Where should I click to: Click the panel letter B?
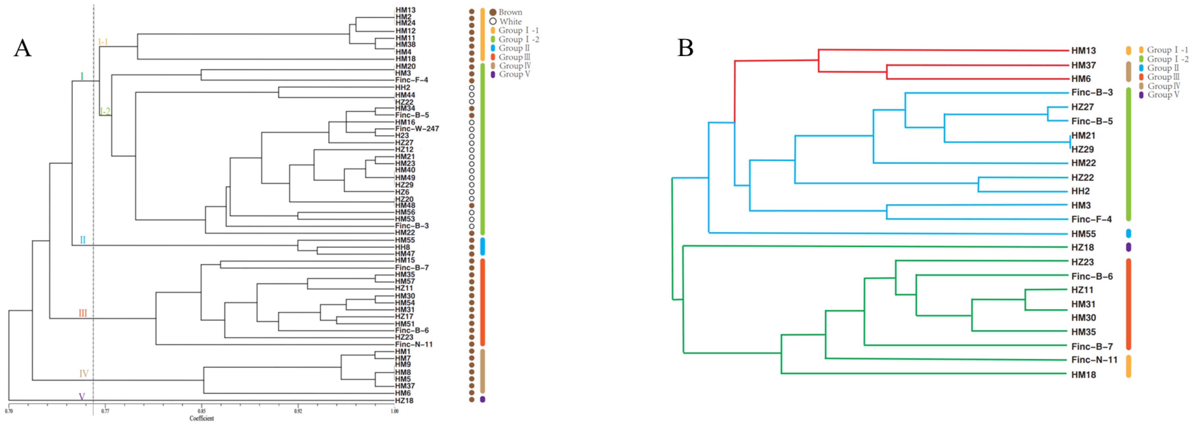tap(685, 48)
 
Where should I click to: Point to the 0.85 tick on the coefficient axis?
tap(202, 411)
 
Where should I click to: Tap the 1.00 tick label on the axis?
tap(395, 411)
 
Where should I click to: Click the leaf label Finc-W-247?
tap(417, 129)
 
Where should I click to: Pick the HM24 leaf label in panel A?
tap(405, 23)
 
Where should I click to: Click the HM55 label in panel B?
tap(1083, 234)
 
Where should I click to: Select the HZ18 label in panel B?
tap(1082, 248)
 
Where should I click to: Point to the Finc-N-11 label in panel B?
tap(1094, 360)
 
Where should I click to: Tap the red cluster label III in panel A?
tap(83, 313)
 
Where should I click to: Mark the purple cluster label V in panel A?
tap(82, 397)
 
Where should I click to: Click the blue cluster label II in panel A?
tap(83, 240)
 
